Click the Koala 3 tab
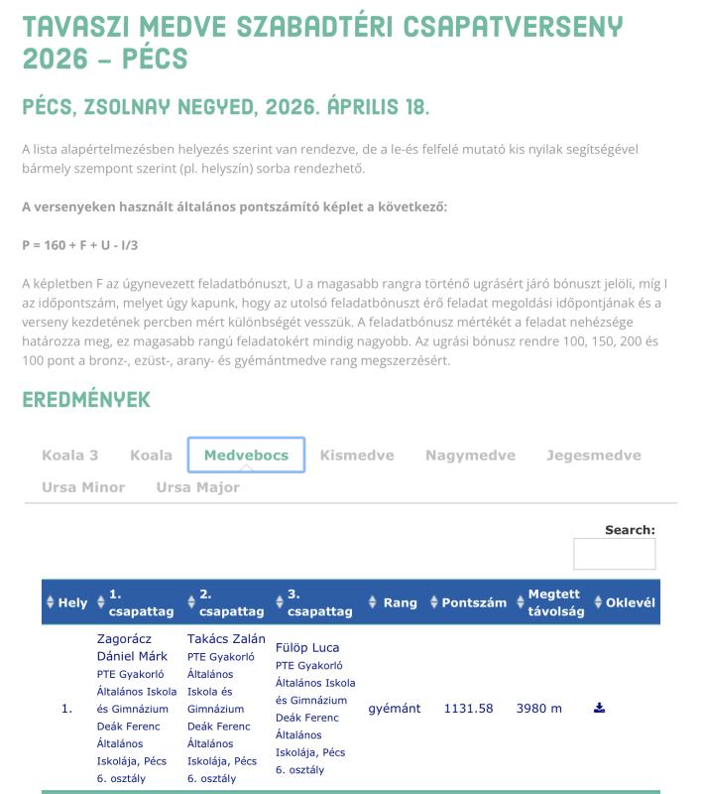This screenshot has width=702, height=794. pos(69,456)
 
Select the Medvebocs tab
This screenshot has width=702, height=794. pos(246,456)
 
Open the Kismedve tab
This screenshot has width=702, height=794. pos(357,456)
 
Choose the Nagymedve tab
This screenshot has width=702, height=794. pos(470,456)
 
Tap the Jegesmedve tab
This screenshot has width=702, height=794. pos(593,456)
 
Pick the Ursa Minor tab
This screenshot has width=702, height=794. pos(83,487)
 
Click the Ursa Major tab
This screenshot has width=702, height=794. pos(197,487)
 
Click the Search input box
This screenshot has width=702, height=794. pos(614,554)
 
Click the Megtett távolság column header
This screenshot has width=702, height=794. pos(554,602)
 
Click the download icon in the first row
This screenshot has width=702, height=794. pos(599,708)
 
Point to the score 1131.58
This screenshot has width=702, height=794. pos(468,709)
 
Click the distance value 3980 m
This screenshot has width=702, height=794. pos(539,709)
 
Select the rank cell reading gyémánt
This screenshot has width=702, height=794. pos(395,709)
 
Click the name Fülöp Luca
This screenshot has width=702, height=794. pos(307,648)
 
